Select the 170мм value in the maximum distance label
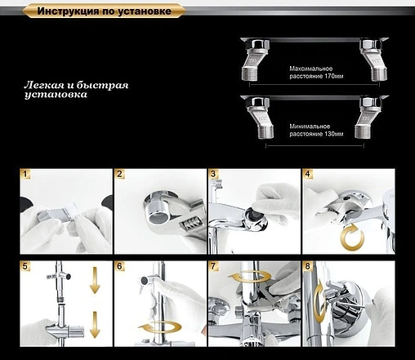point(334,76)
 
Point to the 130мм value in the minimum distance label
point(334,134)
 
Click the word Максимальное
point(311,69)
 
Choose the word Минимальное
point(310,127)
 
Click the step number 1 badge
point(25,174)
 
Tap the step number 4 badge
point(308,174)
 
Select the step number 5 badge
point(25,266)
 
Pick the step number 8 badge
point(308,266)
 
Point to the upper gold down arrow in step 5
point(95,280)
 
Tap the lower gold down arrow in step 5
point(95,325)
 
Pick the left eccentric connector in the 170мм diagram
point(256,60)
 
